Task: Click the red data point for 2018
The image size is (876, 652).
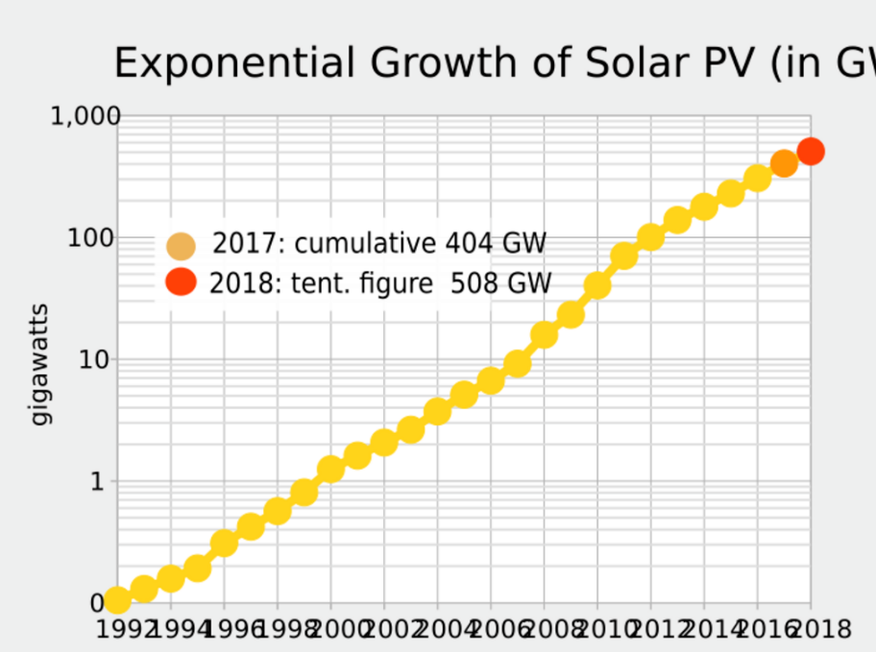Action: coord(810,151)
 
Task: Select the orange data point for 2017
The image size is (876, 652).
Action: coord(784,163)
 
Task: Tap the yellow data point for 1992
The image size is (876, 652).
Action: coord(117,600)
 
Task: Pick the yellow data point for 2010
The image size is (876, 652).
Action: coord(597,285)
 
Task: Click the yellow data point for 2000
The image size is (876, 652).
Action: coord(331,469)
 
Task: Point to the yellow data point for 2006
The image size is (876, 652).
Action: coord(491,381)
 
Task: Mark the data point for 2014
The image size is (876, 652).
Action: coord(704,206)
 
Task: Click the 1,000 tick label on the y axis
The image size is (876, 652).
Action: coord(85,116)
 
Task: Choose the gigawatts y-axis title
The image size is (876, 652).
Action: coord(39,365)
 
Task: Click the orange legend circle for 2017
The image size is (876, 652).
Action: coord(181,246)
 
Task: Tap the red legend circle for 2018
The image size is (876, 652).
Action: coord(181,282)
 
